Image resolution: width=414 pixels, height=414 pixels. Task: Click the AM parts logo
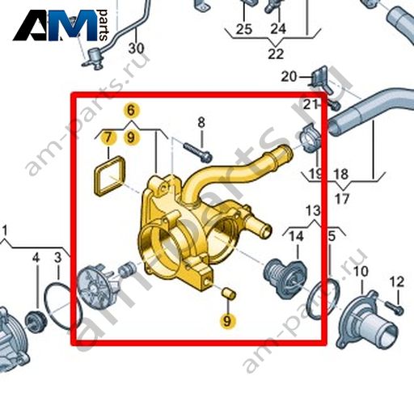(x=61, y=25)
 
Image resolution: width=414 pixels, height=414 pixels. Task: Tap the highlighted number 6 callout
(x=131, y=110)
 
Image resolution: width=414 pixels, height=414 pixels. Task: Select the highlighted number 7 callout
(x=108, y=137)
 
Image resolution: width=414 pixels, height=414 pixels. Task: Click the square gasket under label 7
(x=109, y=176)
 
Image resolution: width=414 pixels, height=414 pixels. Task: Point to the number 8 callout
(x=201, y=123)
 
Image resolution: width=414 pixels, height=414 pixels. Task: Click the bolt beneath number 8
(x=198, y=153)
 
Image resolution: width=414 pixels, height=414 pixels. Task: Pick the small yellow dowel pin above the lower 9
(x=229, y=294)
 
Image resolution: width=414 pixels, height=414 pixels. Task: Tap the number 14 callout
(x=296, y=236)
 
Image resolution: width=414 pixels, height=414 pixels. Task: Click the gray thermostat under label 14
(x=285, y=278)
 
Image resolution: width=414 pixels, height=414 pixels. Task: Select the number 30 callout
(x=137, y=48)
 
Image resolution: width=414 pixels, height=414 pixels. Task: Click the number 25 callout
(x=244, y=29)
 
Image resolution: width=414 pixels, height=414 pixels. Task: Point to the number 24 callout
(x=278, y=28)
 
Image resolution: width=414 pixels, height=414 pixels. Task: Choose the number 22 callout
(x=276, y=53)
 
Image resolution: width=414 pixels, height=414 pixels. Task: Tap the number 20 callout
(x=289, y=77)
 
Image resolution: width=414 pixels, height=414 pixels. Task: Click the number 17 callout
(x=342, y=199)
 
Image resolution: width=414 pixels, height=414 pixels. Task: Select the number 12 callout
(x=397, y=282)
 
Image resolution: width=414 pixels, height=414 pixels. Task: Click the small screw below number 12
(x=395, y=308)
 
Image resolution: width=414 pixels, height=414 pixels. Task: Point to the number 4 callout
(x=36, y=258)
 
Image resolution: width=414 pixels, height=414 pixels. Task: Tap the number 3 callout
(x=58, y=258)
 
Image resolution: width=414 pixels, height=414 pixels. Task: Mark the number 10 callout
(x=361, y=272)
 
